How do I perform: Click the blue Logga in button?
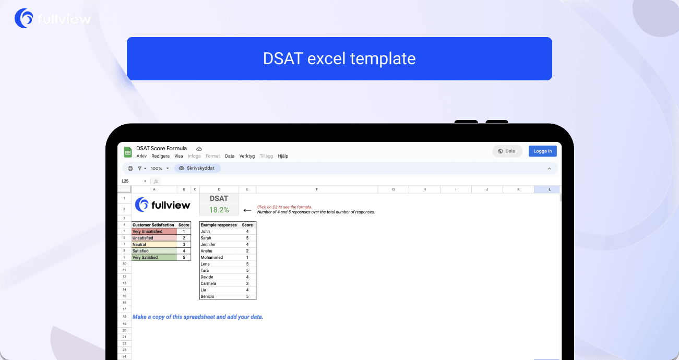point(543,151)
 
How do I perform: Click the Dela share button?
point(507,151)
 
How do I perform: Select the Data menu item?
point(230,156)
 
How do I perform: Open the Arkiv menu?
point(141,156)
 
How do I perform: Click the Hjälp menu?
point(283,156)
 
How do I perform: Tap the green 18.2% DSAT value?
point(219,210)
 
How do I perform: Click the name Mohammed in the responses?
point(211,257)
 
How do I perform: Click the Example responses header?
point(219,225)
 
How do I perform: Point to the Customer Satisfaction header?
point(153,225)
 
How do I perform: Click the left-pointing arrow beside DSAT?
point(247,210)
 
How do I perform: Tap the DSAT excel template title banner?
point(339,58)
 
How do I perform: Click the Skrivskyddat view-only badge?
point(198,169)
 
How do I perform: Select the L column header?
point(549,189)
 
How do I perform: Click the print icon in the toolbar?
point(130,169)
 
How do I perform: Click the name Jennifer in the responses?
point(209,244)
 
